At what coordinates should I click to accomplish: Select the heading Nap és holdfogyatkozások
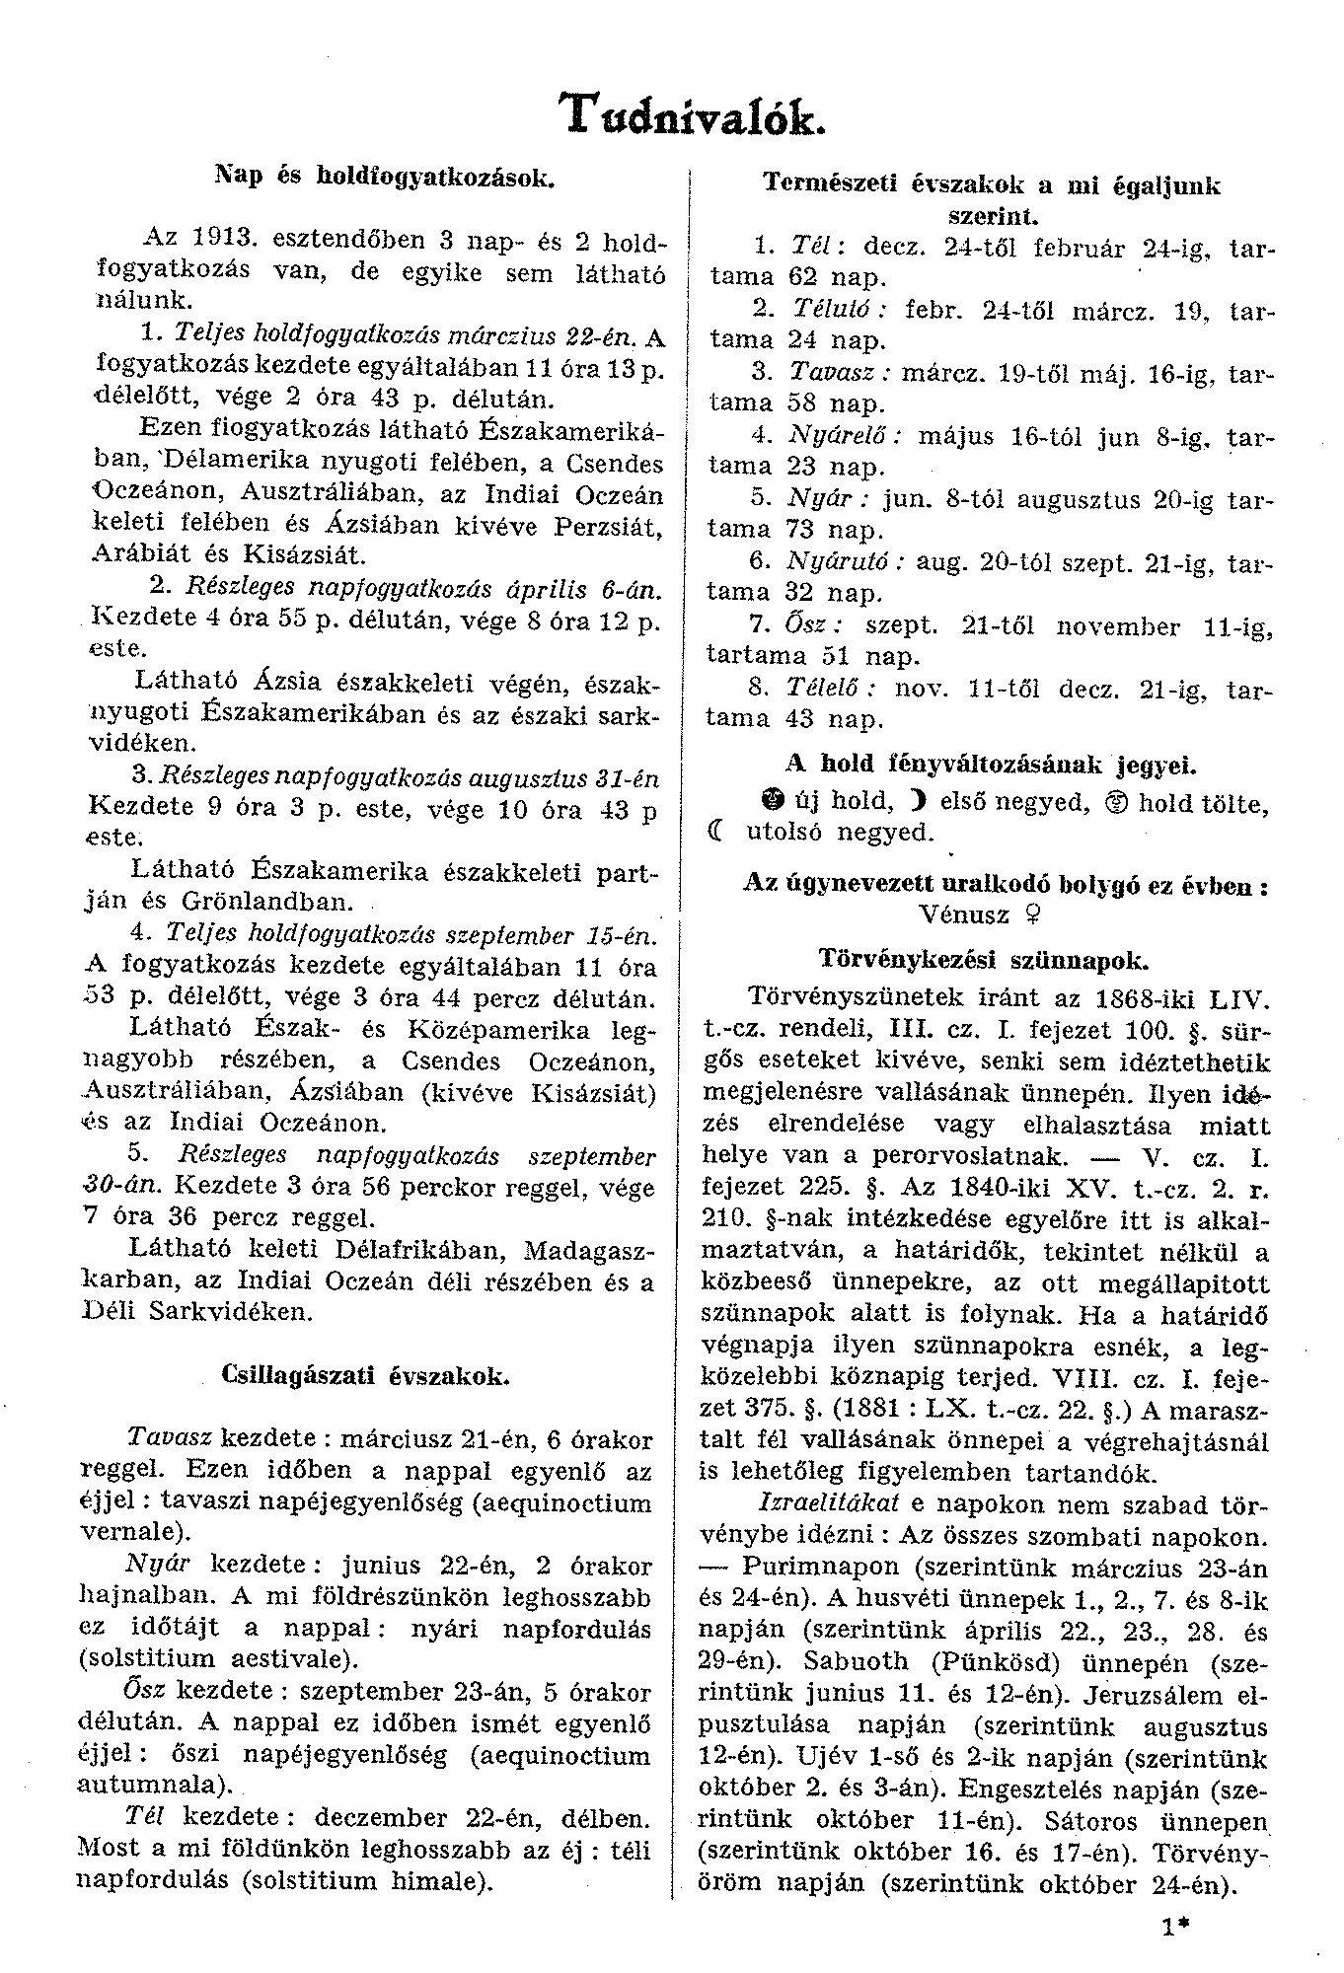point(386,179)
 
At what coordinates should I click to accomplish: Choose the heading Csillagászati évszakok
point(367,1375)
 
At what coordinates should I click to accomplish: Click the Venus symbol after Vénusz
point(1031,915)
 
